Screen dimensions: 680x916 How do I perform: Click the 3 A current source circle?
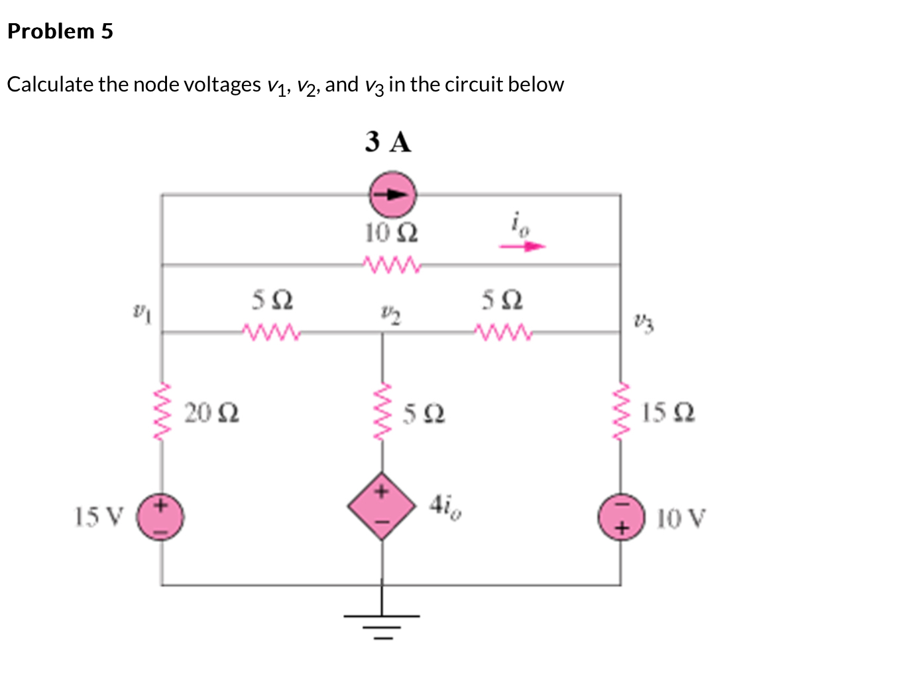click(x=392, y=195)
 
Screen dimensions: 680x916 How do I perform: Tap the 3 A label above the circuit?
click(x=388, y=142)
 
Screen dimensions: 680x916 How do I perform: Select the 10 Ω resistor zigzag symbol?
click(x=392, y=264)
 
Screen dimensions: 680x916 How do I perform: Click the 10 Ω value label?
click(x=391, y=233)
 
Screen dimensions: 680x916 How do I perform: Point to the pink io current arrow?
click(x=522, y=247)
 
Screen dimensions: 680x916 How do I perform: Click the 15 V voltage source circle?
click(x=160, y=516)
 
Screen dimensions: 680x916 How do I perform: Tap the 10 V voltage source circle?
click(x=621, y=516)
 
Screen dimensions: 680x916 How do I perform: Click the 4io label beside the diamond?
click(x=445, y=506)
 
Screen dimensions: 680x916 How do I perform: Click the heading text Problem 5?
click(x=60, y=31)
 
